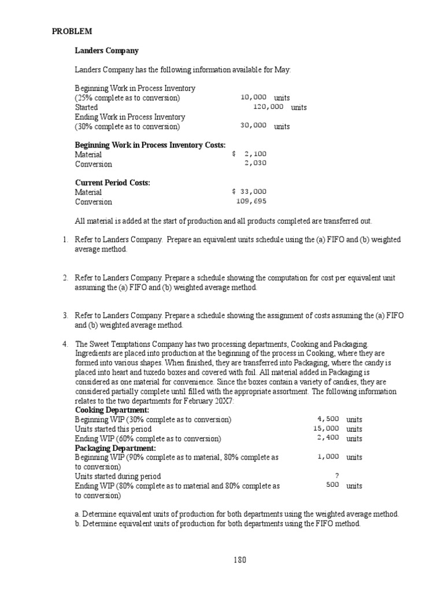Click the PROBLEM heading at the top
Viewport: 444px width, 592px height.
pos(72,32)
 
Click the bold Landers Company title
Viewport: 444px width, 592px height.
pos(106,51)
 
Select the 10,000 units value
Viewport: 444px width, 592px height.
pos(253,97)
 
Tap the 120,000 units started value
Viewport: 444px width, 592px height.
pos(268,107)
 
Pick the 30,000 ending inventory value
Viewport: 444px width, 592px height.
pos(253,125)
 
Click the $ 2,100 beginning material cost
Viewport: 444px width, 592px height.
pos(249,154)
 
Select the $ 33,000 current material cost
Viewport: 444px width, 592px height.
pos(249,191)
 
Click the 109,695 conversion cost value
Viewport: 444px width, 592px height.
pos(251,201)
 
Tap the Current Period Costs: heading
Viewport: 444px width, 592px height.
pos(112,183)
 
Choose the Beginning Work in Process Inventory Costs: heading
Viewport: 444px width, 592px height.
pos(150,145)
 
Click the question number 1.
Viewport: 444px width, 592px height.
pos(65,239)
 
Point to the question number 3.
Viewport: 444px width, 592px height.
pos(65,315)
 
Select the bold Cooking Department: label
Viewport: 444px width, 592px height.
pos(112,410)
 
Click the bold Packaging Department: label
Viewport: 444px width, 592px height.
pos(114,447)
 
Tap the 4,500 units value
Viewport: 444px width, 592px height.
pos(328,419)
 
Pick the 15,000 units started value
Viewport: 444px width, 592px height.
pos(325,428)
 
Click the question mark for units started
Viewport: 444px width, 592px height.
pos(336,475)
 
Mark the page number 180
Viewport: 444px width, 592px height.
pos(240,560)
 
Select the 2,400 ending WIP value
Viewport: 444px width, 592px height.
pos(328,438)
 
